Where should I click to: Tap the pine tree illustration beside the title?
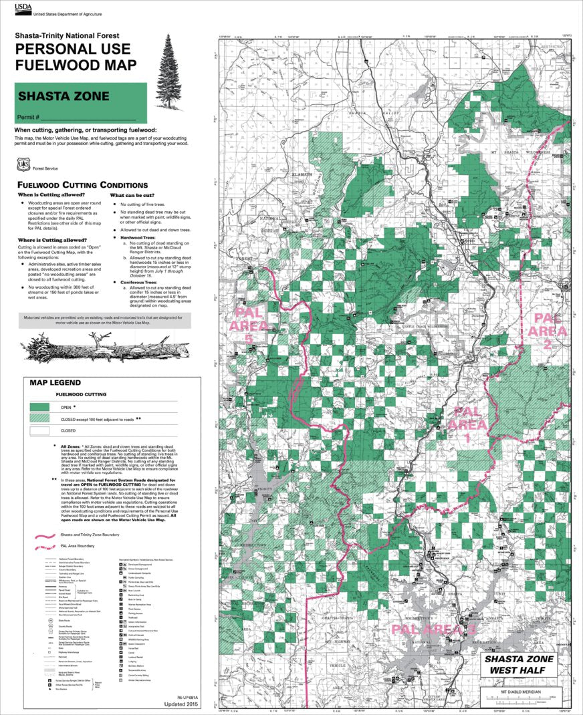click(x=168, y=74)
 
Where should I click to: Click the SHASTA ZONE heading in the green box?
click(x=64, y=96)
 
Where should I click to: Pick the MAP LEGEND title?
click(x=55, y=383)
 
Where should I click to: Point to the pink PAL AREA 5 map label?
click(x=249, y=326)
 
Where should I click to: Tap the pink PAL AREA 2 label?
click(x=547, y=331)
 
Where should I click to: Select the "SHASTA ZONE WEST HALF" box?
click(x=524, y=664)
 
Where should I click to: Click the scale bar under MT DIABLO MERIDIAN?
click(x=523, y=699)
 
